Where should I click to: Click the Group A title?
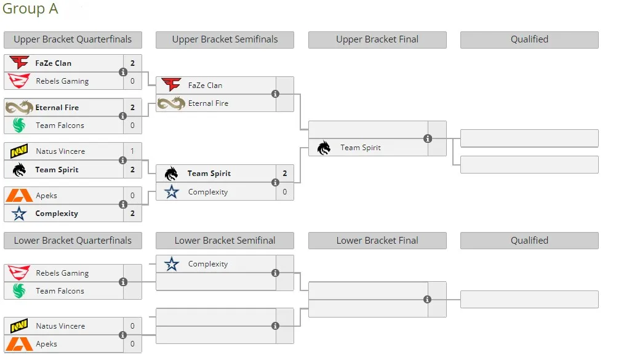pos(30,9)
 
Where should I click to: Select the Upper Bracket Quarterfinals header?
pos(73,39)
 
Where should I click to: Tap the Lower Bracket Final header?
pos(377,241)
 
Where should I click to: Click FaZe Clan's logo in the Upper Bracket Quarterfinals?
pos(19,63)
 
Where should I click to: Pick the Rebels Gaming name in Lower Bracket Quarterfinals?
pos(62,273)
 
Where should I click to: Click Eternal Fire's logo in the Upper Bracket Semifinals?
pos(171,103)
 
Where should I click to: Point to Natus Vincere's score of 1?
pos(132,151)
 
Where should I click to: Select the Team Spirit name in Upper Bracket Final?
pos(361,148)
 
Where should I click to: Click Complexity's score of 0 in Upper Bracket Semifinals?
pos(284,192)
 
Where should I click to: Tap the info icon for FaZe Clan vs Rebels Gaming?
pos(123,72)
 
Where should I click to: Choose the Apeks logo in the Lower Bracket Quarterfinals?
pos(19,344)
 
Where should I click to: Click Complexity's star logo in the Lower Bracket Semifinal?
pos(172,264)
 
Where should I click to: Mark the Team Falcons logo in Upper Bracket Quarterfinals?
pos(19,126)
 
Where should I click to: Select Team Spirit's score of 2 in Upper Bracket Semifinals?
pos(284,174)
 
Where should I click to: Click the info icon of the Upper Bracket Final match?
pos(428,138)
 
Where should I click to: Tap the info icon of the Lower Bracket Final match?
pos(428,300)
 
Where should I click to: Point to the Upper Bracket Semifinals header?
pos(225,39)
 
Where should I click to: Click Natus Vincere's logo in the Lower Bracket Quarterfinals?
pos(19,326)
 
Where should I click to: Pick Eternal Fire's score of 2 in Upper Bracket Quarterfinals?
pos(132,108)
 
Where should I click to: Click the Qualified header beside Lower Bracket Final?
pos(529,241)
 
